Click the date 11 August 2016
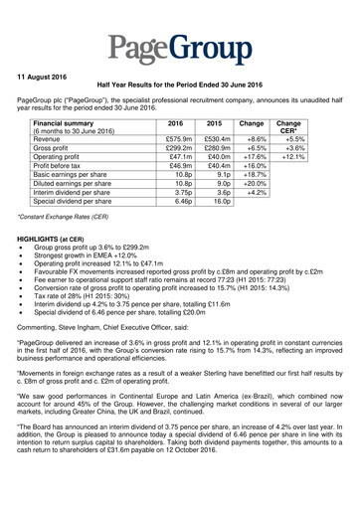point(48,76)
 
